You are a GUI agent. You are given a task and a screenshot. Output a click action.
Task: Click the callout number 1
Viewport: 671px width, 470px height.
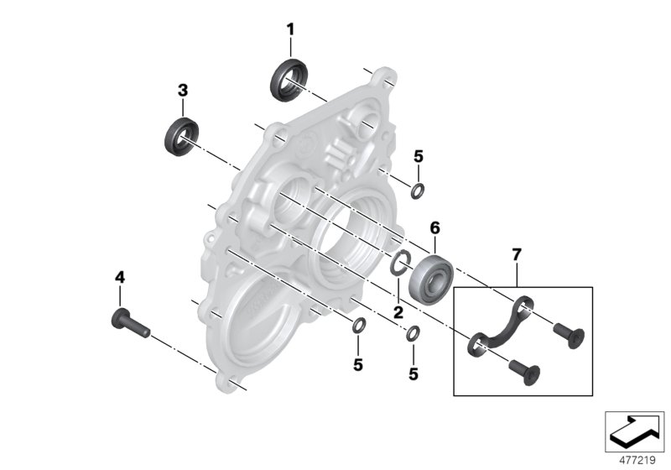point(290,29)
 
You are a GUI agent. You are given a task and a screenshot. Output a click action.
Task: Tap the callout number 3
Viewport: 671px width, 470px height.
point(182,91)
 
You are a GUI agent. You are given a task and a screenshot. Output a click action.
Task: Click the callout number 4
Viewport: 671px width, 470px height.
point(119,276)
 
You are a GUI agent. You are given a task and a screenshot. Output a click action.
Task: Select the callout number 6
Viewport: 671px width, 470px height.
point(434,227)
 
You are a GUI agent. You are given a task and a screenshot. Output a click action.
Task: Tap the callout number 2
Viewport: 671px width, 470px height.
point(398,311)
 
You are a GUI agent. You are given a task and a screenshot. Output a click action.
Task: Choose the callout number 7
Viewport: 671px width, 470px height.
point(517,252)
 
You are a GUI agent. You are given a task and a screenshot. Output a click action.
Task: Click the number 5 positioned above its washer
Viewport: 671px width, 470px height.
point(419,155)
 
